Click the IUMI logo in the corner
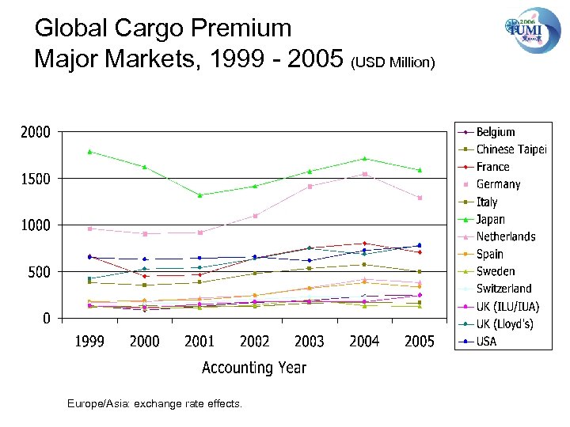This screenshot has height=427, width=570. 532,30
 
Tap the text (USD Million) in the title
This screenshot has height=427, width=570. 393,62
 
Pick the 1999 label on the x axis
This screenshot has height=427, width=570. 89,342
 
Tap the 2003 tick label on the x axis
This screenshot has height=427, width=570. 310,342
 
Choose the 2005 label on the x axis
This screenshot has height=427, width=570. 419,342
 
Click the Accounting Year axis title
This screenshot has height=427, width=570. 253,368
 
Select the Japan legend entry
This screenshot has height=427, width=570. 490,219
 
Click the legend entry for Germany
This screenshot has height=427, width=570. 498,184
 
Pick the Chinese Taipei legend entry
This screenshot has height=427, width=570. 511,149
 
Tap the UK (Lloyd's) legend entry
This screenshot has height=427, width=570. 505,323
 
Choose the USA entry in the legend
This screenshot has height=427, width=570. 487,341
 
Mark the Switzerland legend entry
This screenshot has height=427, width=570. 503,289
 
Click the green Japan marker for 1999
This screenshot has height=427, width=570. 89,151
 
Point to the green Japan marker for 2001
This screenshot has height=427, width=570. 199,195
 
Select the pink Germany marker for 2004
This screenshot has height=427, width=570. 364,174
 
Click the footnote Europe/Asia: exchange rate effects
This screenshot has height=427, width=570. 155,404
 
